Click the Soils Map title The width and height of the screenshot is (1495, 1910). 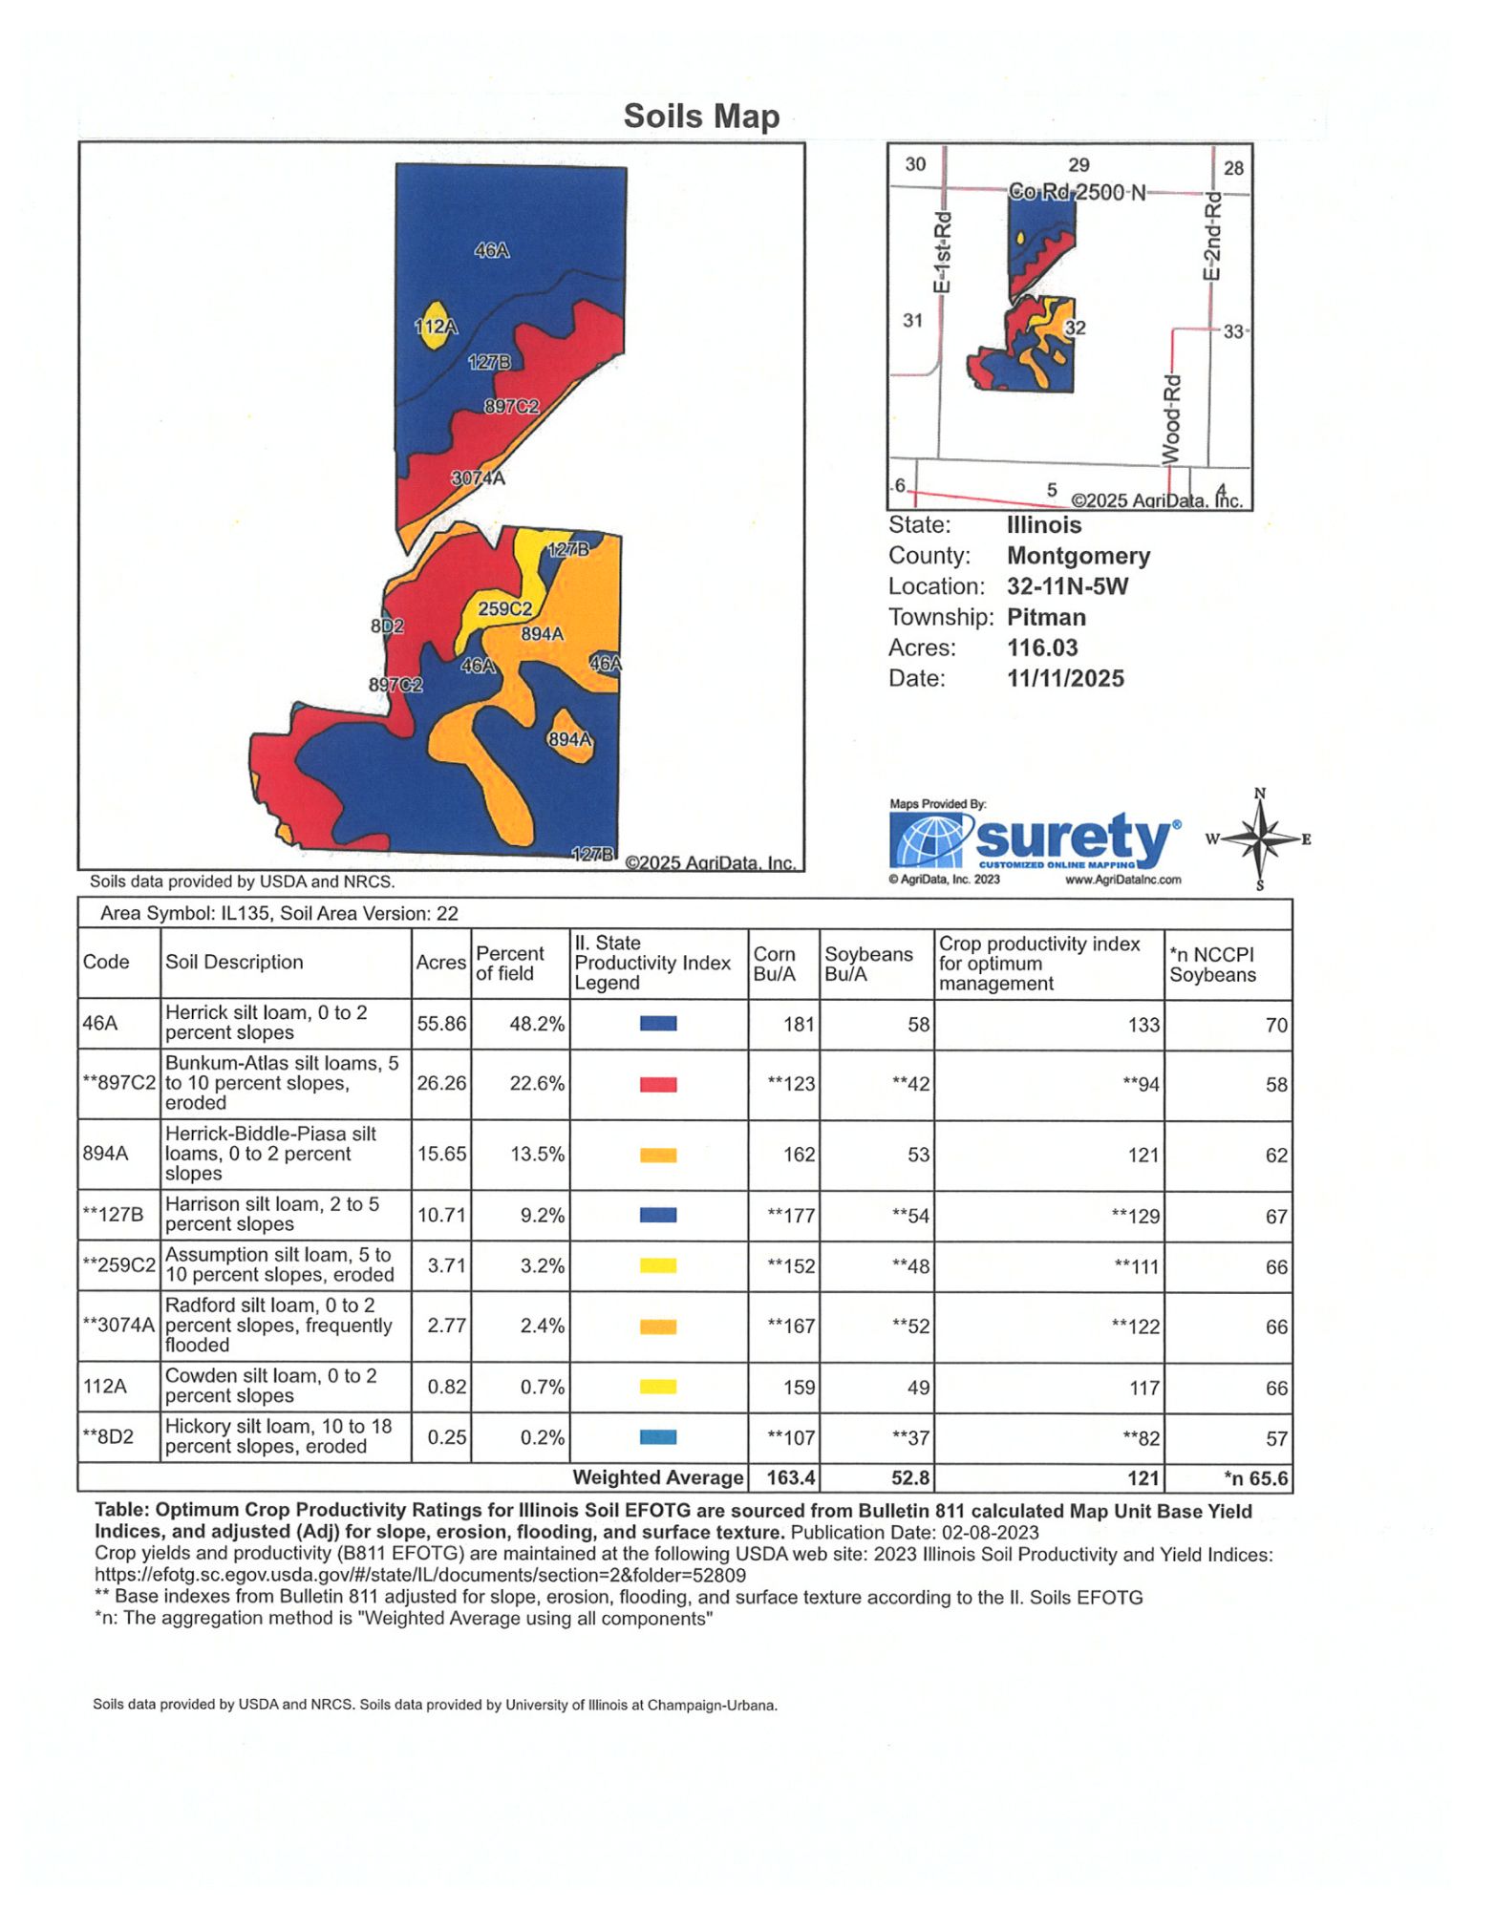[701, 117]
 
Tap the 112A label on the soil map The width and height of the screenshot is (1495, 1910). [435, 327]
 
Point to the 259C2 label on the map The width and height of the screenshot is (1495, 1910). [504, 608]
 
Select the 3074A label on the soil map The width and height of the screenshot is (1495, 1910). [478, 478]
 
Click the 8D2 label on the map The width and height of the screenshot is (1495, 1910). [387, 626]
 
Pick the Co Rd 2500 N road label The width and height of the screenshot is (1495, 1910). [1077, 192]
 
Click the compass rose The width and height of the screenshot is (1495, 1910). [1260, 839]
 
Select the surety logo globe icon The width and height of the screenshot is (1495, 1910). [930, 840]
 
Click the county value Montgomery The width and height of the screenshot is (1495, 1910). [1079, 556]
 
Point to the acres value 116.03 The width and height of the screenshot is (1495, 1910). [1042, 647]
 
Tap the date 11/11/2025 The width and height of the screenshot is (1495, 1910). [1065, 678]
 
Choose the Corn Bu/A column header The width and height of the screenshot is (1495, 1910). [775, 964]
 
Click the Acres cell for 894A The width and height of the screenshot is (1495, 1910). [441, 1154]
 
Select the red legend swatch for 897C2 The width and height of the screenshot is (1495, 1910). [658, 1084]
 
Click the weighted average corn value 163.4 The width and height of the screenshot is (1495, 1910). [790, 1477]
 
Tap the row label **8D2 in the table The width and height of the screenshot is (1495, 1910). [108, 1436]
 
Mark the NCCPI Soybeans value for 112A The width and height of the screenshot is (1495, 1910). [1276, 1388]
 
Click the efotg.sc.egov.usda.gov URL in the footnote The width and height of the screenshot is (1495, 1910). [420, 1575]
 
